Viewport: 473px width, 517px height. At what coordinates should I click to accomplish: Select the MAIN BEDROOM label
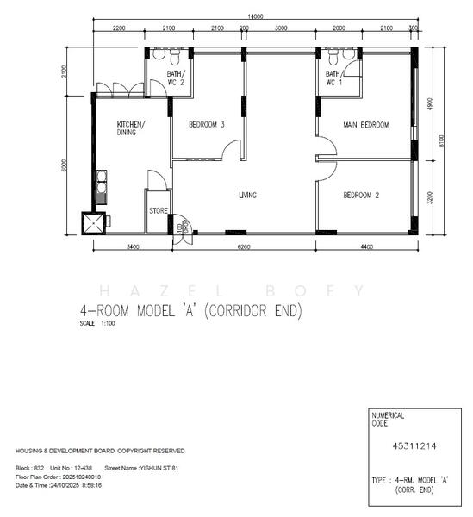pyautogui.click(x=366, y=125)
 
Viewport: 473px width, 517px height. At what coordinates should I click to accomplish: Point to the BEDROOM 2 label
pyautogui.click(x=361, y=196)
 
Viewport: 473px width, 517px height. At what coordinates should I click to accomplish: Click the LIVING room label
pyautogui.click(x=247, y=196)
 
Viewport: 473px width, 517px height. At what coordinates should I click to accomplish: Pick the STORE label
pyautogui.click(x=158, y=209)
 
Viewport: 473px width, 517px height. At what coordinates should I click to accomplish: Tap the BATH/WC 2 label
pyautogui.click(x=176, y=79)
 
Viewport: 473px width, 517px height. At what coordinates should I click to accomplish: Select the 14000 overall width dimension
pyautogui.click(x=254, y=16)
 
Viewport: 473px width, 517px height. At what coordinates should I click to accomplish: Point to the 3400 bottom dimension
pyautogui.click(x=133, y=247)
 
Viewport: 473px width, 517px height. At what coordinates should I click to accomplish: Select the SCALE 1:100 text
pyautogui.click(x=96, y=323)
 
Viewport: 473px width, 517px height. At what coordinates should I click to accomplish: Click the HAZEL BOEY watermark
pyautogui.click(x=233, y=290)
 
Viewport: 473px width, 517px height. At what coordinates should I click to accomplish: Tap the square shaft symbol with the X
pyautogui.click(x=93, y=222)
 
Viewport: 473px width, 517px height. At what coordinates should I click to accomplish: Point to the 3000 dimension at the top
pyautogui.click(x=281, y=28)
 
